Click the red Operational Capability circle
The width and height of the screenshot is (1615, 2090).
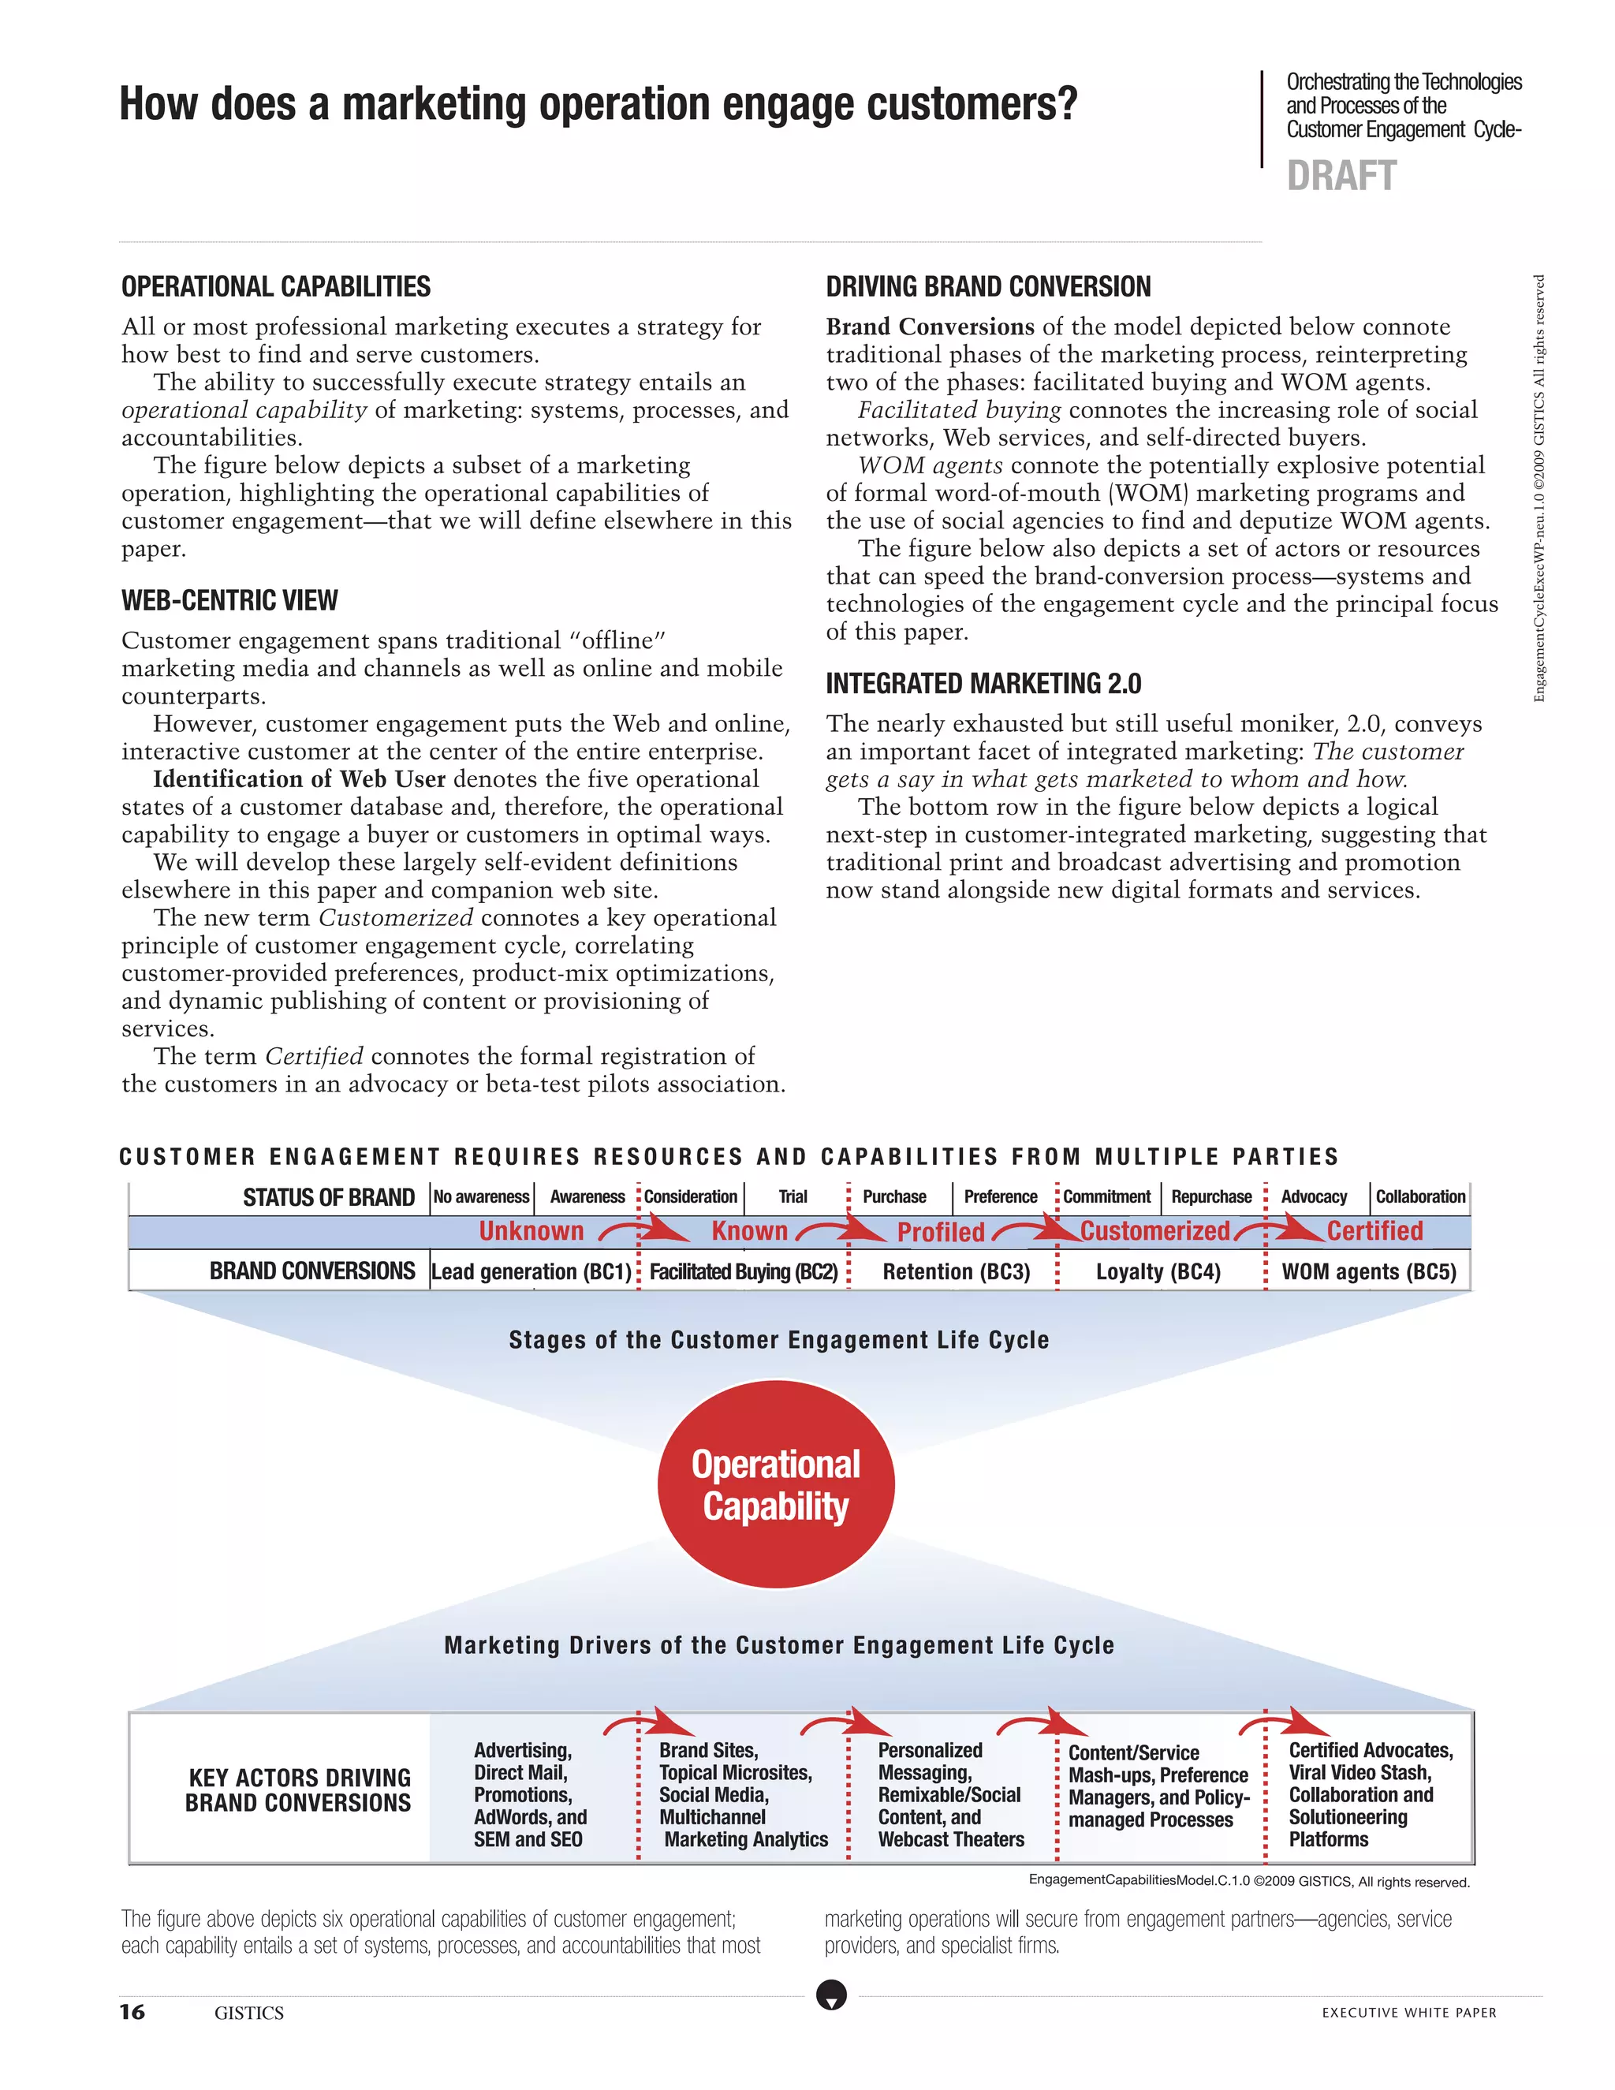point(775,1484)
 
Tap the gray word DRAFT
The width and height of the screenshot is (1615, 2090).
point(1341,176)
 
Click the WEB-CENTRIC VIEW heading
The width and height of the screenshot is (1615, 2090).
point(229,601)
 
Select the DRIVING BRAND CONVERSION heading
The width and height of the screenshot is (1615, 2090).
point(987,287)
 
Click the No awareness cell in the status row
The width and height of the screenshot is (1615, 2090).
point(481,1197)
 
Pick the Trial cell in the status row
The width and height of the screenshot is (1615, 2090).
point(793,1197)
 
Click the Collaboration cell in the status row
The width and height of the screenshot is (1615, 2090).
point(1419,1197)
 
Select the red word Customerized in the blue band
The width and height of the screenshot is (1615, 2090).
point(1154,1232)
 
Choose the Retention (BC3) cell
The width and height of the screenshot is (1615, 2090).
point(956,1272)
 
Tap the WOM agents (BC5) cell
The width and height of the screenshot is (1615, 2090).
point(1368,1272)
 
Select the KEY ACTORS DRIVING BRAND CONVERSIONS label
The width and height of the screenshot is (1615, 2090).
point(299,1790)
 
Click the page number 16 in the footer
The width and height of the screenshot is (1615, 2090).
point(132,2012)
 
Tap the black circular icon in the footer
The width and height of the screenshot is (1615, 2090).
point(831,1995)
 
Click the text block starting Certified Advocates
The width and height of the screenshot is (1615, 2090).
point(1369,1794)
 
